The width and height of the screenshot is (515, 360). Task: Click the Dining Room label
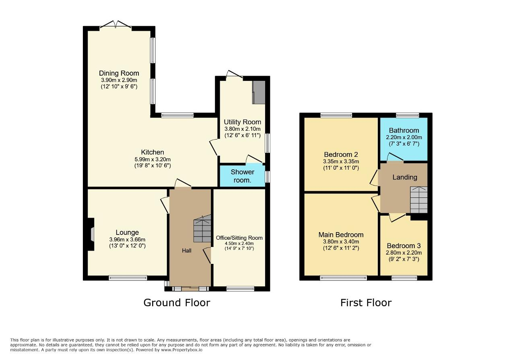point(119,73)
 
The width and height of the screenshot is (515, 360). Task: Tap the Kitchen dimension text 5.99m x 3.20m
point(152,159)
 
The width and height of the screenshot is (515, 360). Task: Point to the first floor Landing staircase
point(419,200)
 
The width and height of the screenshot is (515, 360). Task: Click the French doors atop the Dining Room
point(115,25)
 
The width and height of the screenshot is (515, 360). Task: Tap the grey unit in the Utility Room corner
point(259,92)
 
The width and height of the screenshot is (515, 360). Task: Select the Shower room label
point(242,176)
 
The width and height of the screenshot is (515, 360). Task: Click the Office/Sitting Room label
point(239,238)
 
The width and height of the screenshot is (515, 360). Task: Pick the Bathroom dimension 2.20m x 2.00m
point(404,138)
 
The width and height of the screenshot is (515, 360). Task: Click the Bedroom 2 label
point(341,154)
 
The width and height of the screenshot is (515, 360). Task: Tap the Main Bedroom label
point(341,235)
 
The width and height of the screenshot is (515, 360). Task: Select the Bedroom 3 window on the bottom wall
point(404,278)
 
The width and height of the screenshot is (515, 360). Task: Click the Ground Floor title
point(177,302)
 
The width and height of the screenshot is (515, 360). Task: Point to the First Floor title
point(366,302)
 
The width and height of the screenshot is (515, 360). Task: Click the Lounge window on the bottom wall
point(128,278)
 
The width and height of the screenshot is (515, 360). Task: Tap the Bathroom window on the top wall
point(408,115)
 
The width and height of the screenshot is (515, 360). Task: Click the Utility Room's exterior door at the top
point(234,76)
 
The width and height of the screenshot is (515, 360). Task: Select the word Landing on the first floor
point(405,177)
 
